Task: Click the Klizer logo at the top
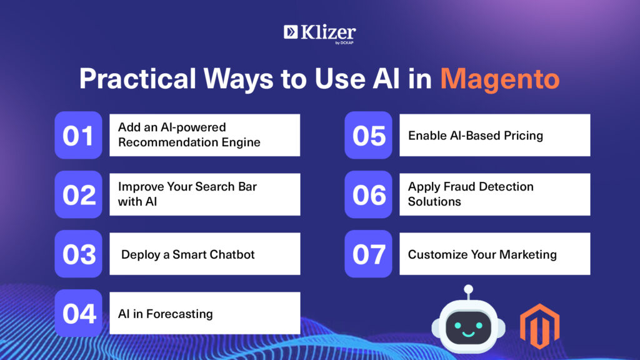[319, 34]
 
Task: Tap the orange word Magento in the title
[499, 79]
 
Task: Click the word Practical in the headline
[137, 78]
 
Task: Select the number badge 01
[78, 135]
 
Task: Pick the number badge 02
[78, 194]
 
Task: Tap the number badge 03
[78, 254]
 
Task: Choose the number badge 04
[78, 313]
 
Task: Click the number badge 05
[368, 135]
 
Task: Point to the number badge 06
[368, 194]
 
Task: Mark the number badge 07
[368, 254]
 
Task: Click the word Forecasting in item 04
[179, 314]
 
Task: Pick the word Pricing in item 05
[523, 136]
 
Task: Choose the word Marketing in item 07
[528, 254]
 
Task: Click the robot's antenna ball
[469, 289]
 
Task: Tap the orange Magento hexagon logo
[539, 326]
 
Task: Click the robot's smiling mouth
[468, 334]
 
